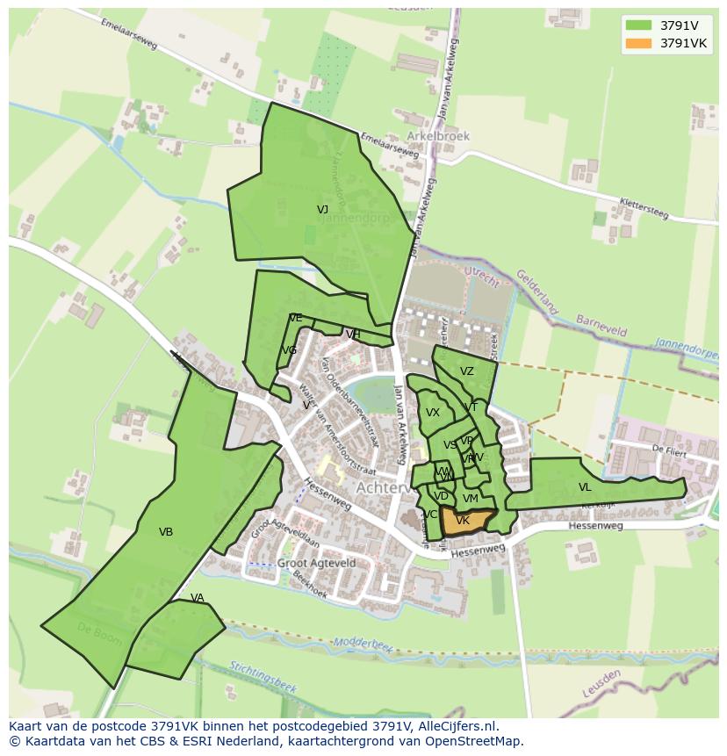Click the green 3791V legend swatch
[x=639, y=25]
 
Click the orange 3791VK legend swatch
[x=639, y=43]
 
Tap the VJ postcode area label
[x=322, y=210]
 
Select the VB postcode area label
[x=166, y=532]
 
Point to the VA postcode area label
[x=197, y=599]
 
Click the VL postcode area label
[x=585, y=487]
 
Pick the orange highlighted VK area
[x=463, y=521]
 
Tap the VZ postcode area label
[x=466, y=371]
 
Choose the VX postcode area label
[x=433, y=413]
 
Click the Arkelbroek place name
[x=438, y=137]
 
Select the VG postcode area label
[x=289, y=350]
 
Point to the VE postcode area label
[x=295, y=318]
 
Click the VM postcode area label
[x=470, y=499]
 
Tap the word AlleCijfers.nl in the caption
[x=458, y=727]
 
